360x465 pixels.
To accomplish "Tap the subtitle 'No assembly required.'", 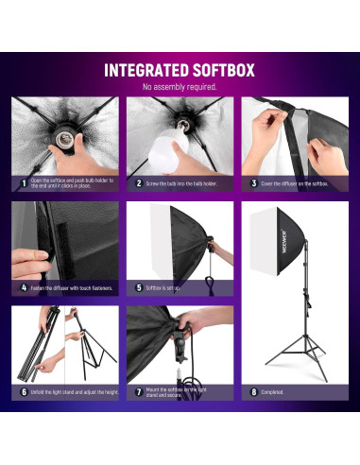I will (180, 87).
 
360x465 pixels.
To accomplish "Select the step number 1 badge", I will (23, 183).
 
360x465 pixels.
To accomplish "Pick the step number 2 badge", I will (138, 183).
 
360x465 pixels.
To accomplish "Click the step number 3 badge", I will (253, 183).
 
